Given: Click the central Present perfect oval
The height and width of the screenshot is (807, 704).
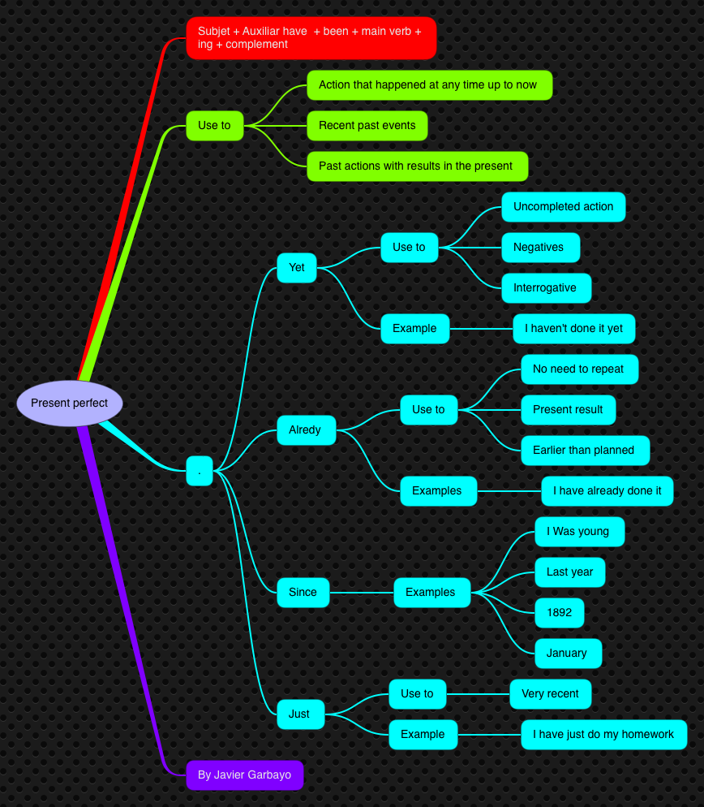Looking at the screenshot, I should [69, 403].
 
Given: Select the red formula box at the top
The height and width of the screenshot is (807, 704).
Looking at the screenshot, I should [311, 38].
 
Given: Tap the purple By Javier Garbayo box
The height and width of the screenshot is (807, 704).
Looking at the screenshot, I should [244, 775].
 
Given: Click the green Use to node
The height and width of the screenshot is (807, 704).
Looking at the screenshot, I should [214, 126].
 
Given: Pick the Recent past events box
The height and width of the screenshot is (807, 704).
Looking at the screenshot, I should [367, 126].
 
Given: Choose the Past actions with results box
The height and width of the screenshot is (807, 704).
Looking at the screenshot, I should [417, 166].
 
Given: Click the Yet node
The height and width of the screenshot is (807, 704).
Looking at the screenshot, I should [297, 268].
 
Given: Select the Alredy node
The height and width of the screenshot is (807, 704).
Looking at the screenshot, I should [306, 430].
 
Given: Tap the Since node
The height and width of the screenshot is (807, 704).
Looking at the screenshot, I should [303, 593].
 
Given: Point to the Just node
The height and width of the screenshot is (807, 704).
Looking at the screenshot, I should [299, 714].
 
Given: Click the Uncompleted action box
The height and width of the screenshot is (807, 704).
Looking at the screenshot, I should [563, 207].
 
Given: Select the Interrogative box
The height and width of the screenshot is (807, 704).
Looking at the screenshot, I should [545, 288].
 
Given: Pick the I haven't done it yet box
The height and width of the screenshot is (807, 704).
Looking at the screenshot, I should [573, 329].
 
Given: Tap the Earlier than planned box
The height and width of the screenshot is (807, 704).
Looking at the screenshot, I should [585, 451].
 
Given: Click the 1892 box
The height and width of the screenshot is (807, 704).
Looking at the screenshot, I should [559, 613].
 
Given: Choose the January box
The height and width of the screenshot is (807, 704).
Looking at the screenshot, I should [567, 654].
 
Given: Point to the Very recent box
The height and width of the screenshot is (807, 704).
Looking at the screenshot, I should [550, 694].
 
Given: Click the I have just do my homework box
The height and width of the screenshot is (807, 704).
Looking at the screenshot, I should [603, 735].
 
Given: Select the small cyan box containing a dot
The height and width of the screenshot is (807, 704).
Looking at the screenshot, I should [200, 471].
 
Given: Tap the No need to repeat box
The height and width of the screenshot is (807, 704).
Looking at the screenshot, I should [578, 369].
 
